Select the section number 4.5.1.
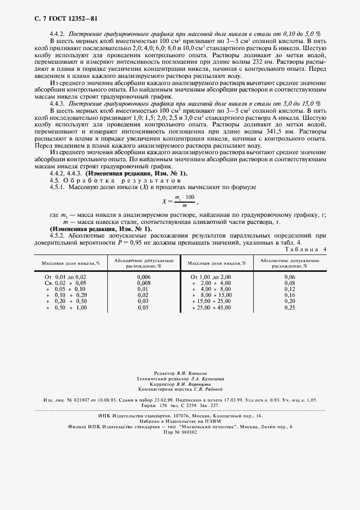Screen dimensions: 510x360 click(x=57, y=186)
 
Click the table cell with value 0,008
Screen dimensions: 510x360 click(x=143, y=283)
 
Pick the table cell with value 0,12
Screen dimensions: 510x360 click(x=289, y=289)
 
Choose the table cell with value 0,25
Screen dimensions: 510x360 click(x=289, y=307)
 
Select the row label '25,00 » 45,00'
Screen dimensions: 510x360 click(x=212, y=307)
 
